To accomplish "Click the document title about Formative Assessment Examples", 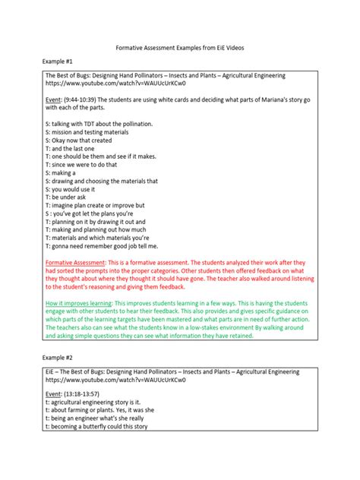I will (179, 47).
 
